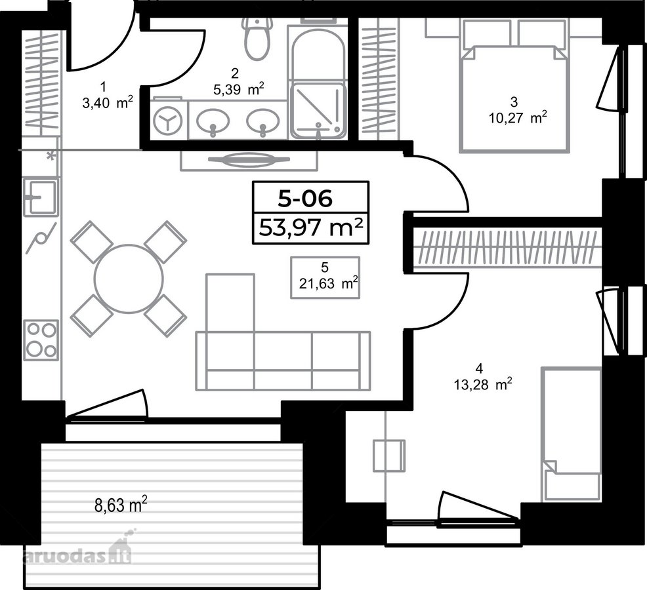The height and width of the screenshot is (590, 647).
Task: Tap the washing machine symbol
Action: click(x=167, y=119)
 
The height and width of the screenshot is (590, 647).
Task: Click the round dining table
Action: click(x=129, y=279)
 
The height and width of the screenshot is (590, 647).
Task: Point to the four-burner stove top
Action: click(x=41, y=340)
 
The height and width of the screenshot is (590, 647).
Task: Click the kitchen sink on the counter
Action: click(x=40, y=197)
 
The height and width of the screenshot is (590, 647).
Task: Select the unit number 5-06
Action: click(x=305, y=199)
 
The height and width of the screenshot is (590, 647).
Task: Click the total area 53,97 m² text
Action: click(x=311, y=227)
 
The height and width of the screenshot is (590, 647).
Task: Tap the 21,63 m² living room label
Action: click(x=328, y=284)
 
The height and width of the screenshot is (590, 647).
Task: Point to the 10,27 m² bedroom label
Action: click(x=518, y=119)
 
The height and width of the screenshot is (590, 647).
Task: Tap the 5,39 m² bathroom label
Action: click(x=238, y=89)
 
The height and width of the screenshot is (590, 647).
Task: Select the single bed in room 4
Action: click(x=571, y=435)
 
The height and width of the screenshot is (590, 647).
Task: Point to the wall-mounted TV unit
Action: click(x=249, y=160)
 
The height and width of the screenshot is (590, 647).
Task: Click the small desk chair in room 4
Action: click(x=388, y=455)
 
